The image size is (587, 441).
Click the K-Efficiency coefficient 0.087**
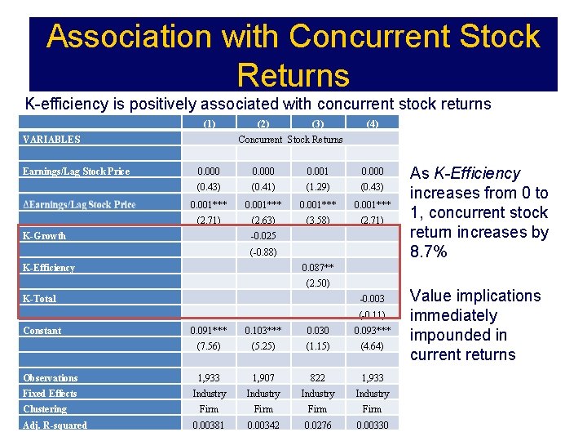317,268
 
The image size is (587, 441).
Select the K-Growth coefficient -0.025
263,236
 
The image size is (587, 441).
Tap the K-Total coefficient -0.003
372,299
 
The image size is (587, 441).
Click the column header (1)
209,124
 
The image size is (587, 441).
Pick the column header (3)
317,124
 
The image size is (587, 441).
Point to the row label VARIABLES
51,140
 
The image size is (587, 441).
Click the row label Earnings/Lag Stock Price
76,171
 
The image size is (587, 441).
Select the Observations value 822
317,378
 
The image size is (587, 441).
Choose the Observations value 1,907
263,378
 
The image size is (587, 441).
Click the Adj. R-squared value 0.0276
317,425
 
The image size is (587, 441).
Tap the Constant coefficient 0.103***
263,331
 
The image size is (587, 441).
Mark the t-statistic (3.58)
317,220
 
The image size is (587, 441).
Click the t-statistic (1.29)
317,188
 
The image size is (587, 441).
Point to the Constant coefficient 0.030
317,331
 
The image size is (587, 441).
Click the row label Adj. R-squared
55,425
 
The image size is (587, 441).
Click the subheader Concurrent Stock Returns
290,140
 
